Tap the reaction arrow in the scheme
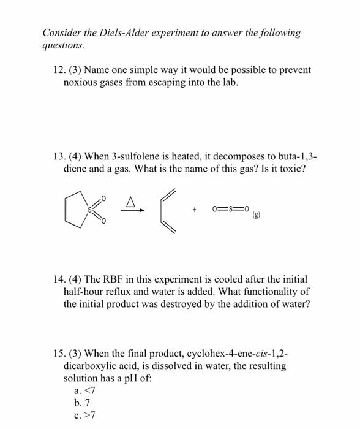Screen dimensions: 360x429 132,210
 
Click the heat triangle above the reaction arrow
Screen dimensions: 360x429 130,200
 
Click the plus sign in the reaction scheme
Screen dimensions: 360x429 195,210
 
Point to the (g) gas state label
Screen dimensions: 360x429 253,216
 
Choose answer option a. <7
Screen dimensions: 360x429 84,390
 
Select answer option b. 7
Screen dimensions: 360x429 81,403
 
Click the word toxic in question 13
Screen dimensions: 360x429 288,169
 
